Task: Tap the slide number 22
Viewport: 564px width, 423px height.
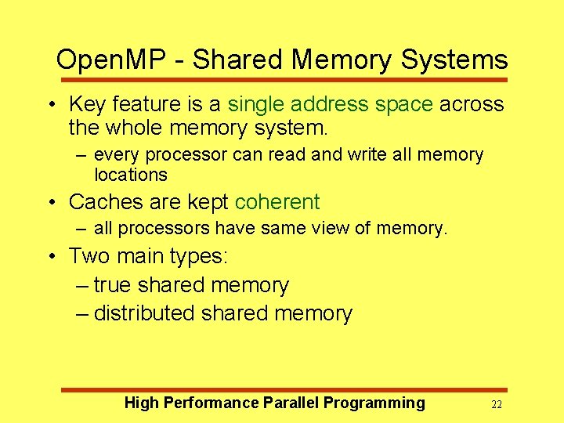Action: [x=496, y=405]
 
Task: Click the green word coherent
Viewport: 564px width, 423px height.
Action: [x=277, y=202]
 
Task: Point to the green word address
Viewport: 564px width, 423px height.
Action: [x=329, y=104]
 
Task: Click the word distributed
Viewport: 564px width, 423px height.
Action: [x=144, y=313]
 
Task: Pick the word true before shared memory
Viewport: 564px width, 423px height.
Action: [x=111, y=285]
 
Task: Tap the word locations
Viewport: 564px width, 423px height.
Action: [x=130, y=175]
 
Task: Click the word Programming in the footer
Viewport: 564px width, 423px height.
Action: [x=374, y=403]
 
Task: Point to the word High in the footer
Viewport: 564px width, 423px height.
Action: [x=141, y=403]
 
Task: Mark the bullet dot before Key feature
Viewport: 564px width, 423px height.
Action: [x=50, y=105]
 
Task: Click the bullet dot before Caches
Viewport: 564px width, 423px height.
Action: [x=50, y=203]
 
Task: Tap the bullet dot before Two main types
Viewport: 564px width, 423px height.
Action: [x=50, y=257]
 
